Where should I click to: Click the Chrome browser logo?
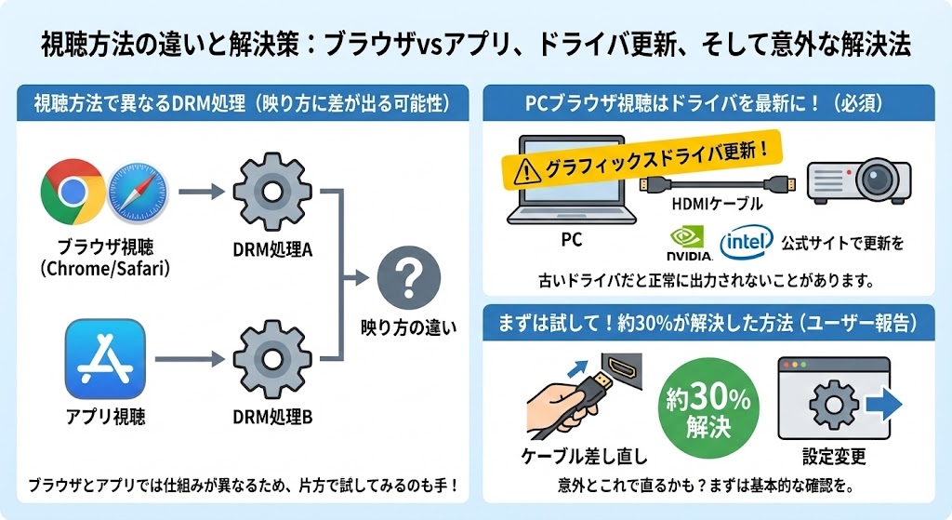(72, 192)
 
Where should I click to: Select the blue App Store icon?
(104, 359)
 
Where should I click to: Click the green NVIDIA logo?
(690, 244)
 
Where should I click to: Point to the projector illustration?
(858, 177)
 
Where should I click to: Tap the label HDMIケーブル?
(716, 204)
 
